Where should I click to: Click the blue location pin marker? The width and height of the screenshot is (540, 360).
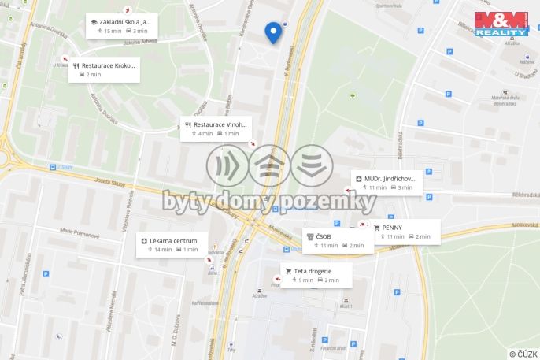coord(273,32)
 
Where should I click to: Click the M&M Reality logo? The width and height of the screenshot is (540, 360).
coord(501,24)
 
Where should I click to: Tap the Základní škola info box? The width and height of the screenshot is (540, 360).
coord(120,26)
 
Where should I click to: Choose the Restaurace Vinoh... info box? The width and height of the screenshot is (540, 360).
coord(216,128)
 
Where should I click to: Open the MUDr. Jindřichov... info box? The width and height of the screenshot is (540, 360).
coord(386,183)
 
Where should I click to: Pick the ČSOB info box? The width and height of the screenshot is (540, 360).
coord(335,239)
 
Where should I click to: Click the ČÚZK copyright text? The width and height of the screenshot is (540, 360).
coord(523,354)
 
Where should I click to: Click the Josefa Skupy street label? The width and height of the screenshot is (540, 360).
coord(109,185)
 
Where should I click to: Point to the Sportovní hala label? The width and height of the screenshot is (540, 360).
coord(389,6)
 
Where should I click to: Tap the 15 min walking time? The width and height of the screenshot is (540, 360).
coord(113,31)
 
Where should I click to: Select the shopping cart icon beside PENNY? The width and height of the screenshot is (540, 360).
coord(376,227)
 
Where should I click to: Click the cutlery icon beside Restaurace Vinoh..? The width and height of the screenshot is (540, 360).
coord(188,124)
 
